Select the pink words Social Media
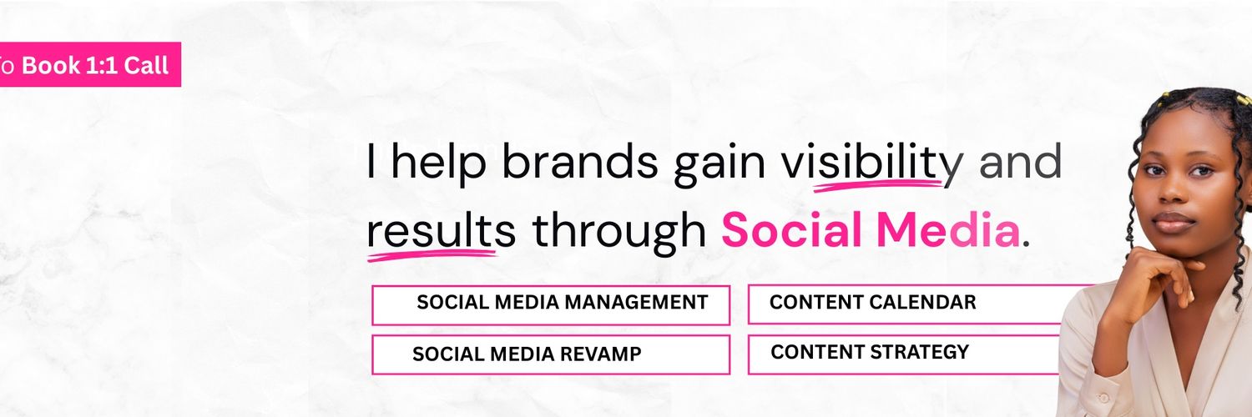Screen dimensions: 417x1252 pyautogui.click(x=871, y=231)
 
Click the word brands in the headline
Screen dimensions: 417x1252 pyautogui.click(x=579, y=163)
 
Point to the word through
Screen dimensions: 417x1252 pyautogui.click(x=618, y=231)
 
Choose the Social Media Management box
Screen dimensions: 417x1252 pyautogui.click(x=551, y=304)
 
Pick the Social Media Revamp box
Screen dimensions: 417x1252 pyautogui.click(x=551, y=354)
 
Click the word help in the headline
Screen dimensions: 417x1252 pyautogui.click(x=438, y=163)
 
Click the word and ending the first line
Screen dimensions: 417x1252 pyautogui.click(x=1020, y=163)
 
